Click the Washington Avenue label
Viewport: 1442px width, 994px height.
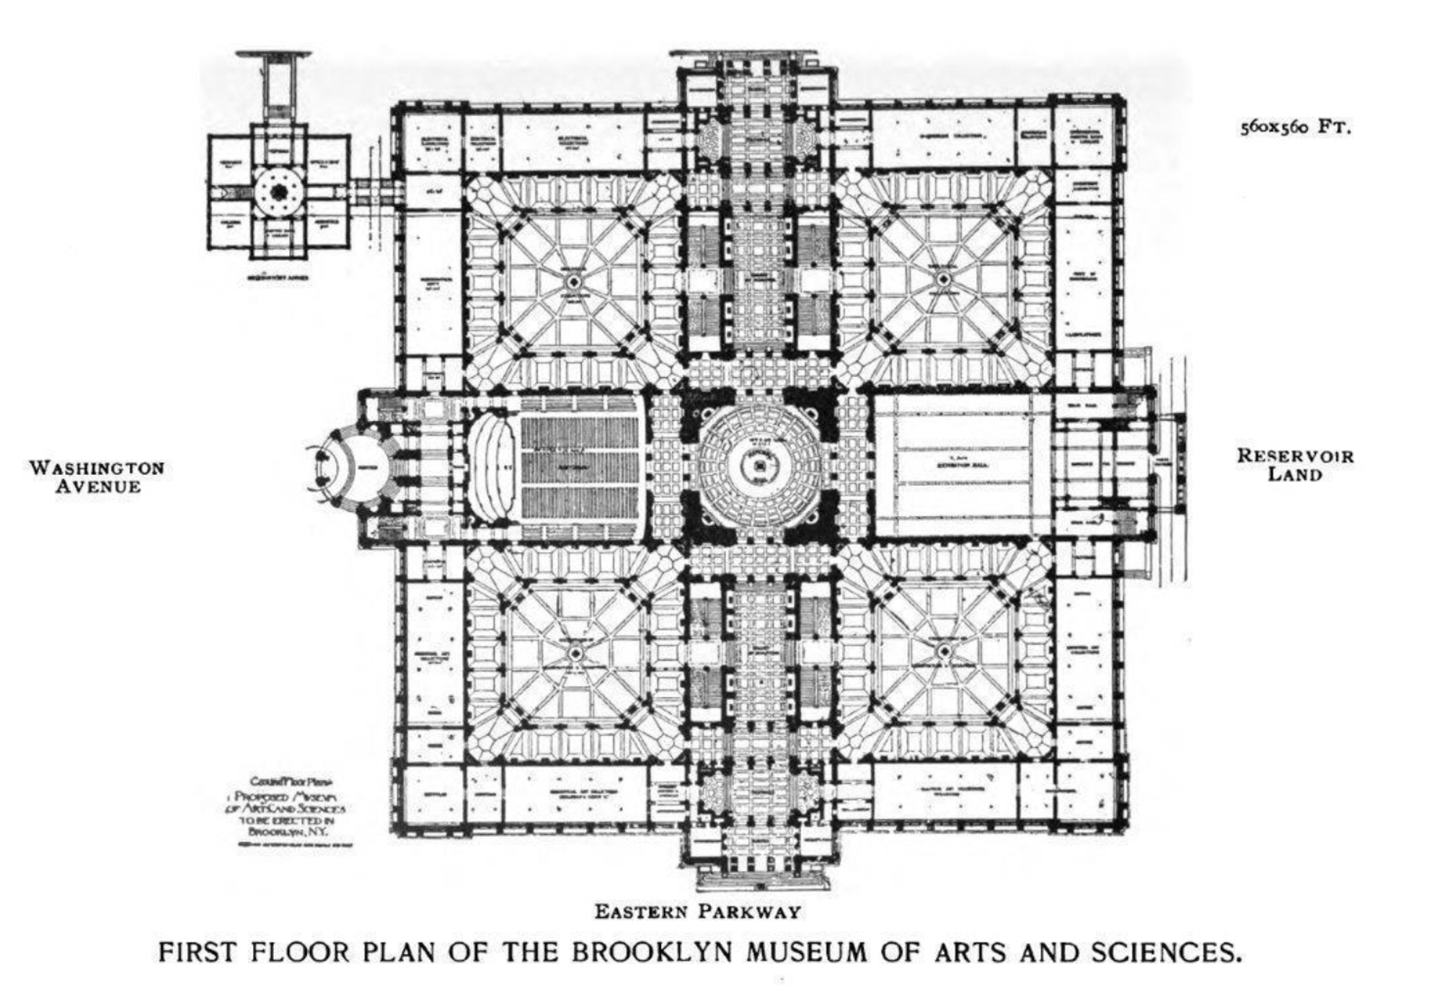[x=97, y=476]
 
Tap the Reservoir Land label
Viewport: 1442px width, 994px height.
[x=1295, y=465]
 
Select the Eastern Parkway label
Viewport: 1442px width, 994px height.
[x=697, y=912]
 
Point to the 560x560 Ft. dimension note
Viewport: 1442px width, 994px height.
[x=1295, y=128]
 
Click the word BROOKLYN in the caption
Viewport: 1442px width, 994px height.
[x=653, y=952]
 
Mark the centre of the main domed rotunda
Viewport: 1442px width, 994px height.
[x=759, y=466]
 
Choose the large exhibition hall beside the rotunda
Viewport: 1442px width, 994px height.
[x=963, y=465]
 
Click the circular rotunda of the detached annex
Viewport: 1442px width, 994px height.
[x=279, y=192]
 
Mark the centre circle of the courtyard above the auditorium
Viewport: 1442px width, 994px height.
[x=574, y=280]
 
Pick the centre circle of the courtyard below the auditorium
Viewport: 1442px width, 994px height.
[x=575, y=653]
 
